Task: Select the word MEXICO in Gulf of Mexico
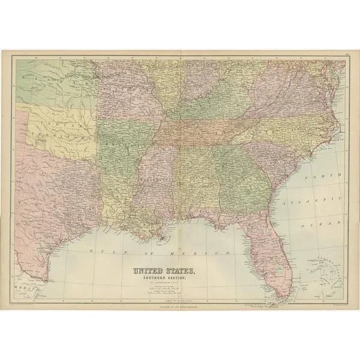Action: point(204,253)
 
